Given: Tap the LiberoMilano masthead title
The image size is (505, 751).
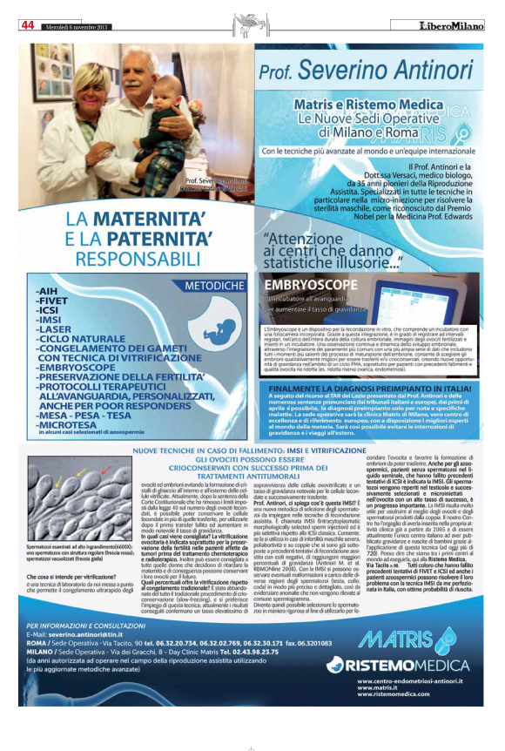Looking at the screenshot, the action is (x=449, y=24).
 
